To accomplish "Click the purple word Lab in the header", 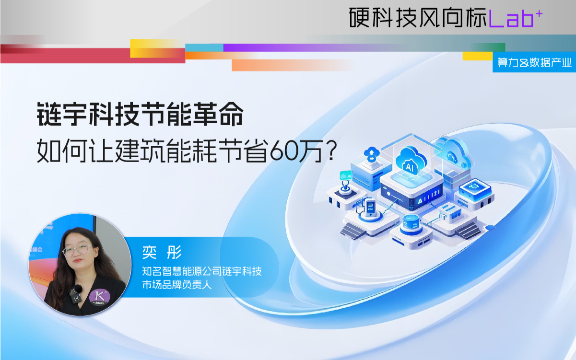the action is click(511, 19).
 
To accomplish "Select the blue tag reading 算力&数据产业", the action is click(534, 62).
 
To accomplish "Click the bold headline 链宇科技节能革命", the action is click(140, 114).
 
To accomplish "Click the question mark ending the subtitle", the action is click(332, 151).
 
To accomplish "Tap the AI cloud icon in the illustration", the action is click(411, 161).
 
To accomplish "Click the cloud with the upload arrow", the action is click(372, 154).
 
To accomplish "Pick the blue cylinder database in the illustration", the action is click(411, 224).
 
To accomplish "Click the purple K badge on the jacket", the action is click(100, 297).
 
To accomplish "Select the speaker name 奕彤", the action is click(162, 252).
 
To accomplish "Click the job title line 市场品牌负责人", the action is click(176, 285).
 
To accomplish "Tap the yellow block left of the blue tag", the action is click(478, 56).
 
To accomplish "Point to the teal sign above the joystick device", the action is click(346, 175).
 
